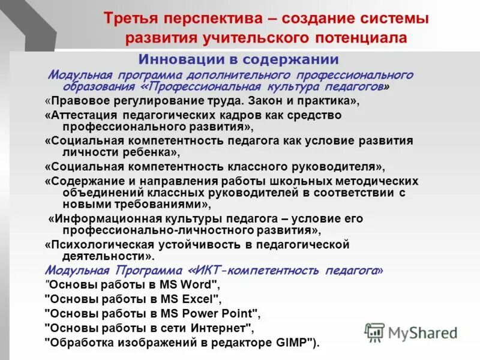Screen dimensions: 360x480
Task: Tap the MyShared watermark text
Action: (423, 334)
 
